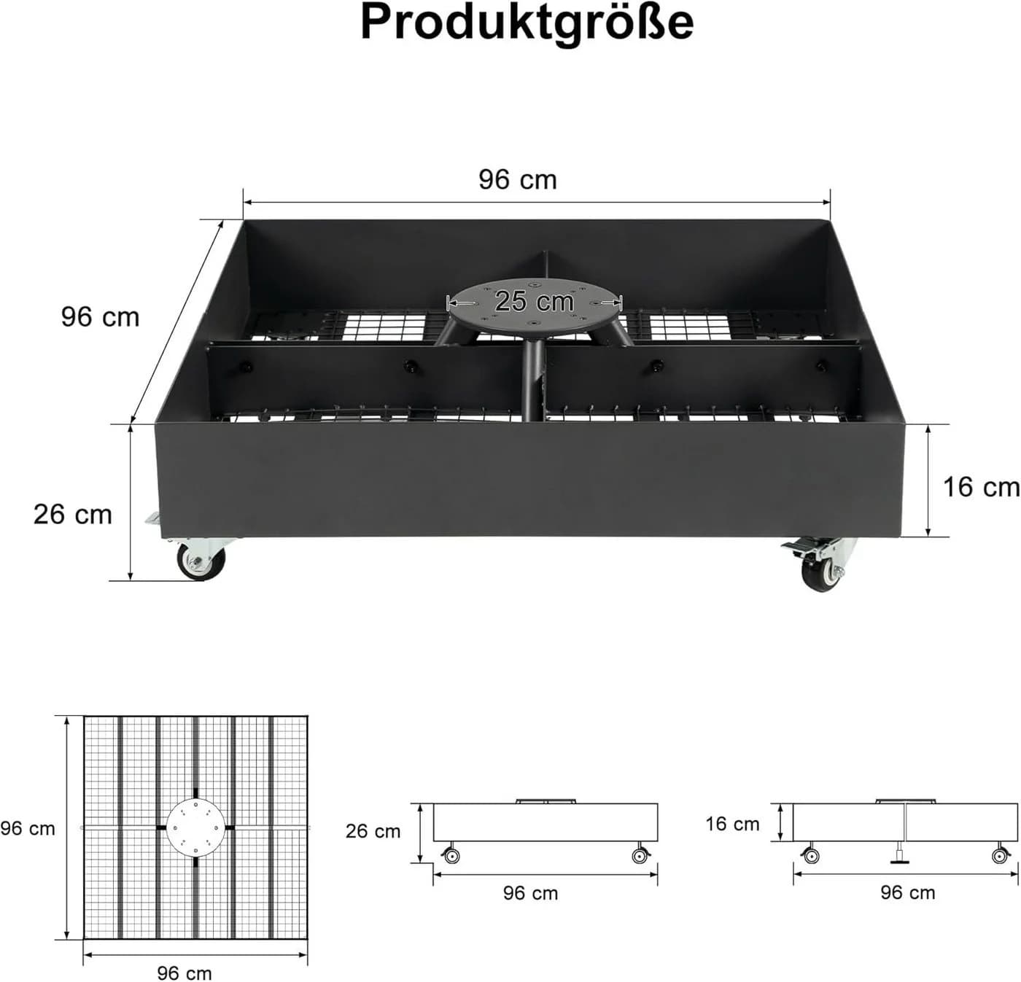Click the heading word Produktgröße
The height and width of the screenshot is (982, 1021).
pyautogui.click(x=527, y=23)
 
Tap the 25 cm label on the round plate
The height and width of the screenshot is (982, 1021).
pyautogui.click(x=534, y=301)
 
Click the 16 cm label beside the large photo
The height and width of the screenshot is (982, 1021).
pyautogui.click(x=981, y=487)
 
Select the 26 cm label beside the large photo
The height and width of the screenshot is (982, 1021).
pyautogui.click(x=72, y=514)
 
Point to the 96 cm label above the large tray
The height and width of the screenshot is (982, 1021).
pyautogui.click(x=517, y=179)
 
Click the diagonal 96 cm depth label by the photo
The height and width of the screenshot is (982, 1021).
pyautogui.click(x=100, y=317)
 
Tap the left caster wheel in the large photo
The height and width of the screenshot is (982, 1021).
pyautogui.click(x=201, y=562)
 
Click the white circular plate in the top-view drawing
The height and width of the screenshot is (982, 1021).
pyautogui.click(x=195, y=827)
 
